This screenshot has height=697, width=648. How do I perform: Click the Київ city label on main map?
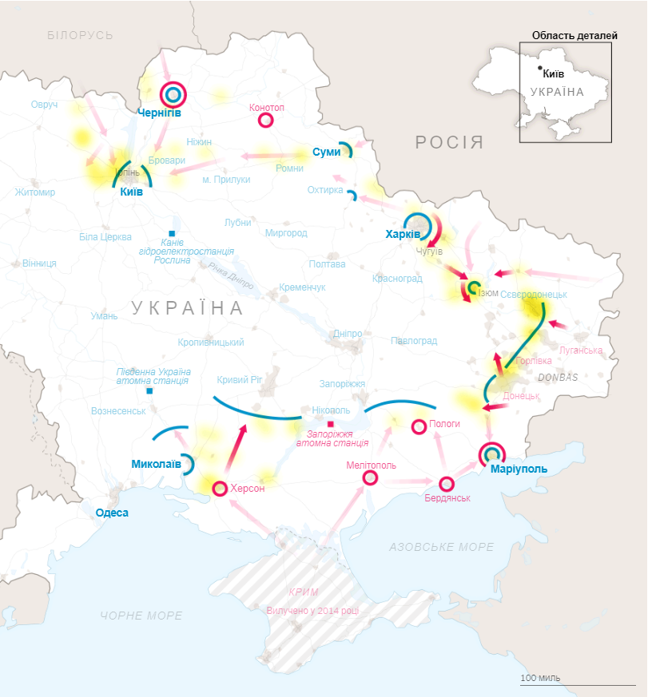[132, 192]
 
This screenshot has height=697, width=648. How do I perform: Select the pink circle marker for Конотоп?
[266, 121]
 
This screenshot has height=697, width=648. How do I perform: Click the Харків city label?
[403, 235]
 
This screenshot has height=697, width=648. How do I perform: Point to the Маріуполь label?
[519, 469]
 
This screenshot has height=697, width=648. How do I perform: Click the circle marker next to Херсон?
[220, 487]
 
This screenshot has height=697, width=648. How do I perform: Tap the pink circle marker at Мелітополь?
[370, 477]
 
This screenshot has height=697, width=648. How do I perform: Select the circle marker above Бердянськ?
[447, 483]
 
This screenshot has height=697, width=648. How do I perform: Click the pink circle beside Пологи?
[419, 427]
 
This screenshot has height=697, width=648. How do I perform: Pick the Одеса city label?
[112, 513]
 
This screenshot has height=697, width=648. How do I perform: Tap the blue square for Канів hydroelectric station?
[172, 233]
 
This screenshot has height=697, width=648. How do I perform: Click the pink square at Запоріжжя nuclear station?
[330, 424]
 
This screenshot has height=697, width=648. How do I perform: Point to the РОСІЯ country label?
[449, 143]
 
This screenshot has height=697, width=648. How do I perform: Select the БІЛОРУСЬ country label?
[80, 35]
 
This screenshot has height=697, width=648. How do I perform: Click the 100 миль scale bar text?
[540, 678]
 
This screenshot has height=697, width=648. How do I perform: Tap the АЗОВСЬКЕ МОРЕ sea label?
[442, 547]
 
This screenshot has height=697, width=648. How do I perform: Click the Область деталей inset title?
[574, 35]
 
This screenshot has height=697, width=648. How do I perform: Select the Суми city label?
[325, 152]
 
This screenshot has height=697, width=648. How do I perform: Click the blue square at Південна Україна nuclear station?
[149, 391]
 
